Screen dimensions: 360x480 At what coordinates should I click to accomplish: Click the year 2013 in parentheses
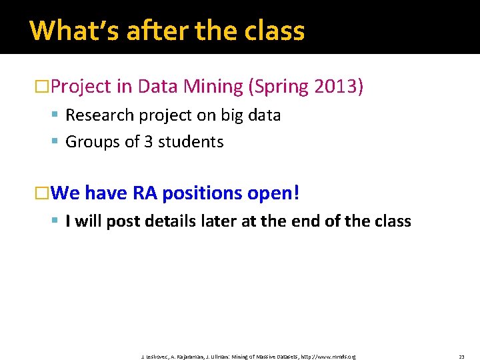(x=337, y=87)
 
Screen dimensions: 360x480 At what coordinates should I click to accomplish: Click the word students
(x=191, y=142)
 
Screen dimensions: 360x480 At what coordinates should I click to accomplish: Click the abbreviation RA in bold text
(x=145, y=193)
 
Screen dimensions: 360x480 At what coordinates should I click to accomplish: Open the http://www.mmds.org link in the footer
(x=328, y=357)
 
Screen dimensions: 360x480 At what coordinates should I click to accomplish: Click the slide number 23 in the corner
(x=461, y=357)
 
